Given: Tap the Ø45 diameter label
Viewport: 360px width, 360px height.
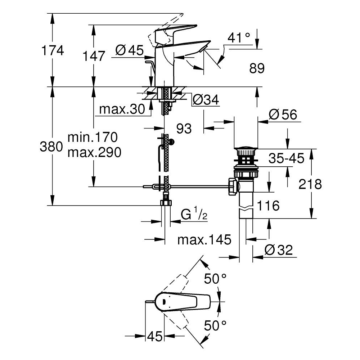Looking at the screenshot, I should point(130,51).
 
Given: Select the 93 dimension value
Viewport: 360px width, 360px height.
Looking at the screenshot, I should point(184,128).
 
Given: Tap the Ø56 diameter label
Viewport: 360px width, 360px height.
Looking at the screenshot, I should point(283,115).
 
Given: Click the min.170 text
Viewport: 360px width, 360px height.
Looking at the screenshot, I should point(93,138).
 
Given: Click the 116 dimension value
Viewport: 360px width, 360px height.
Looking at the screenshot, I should point(268,206).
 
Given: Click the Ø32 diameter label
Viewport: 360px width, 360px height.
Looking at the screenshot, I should point(278,249).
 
